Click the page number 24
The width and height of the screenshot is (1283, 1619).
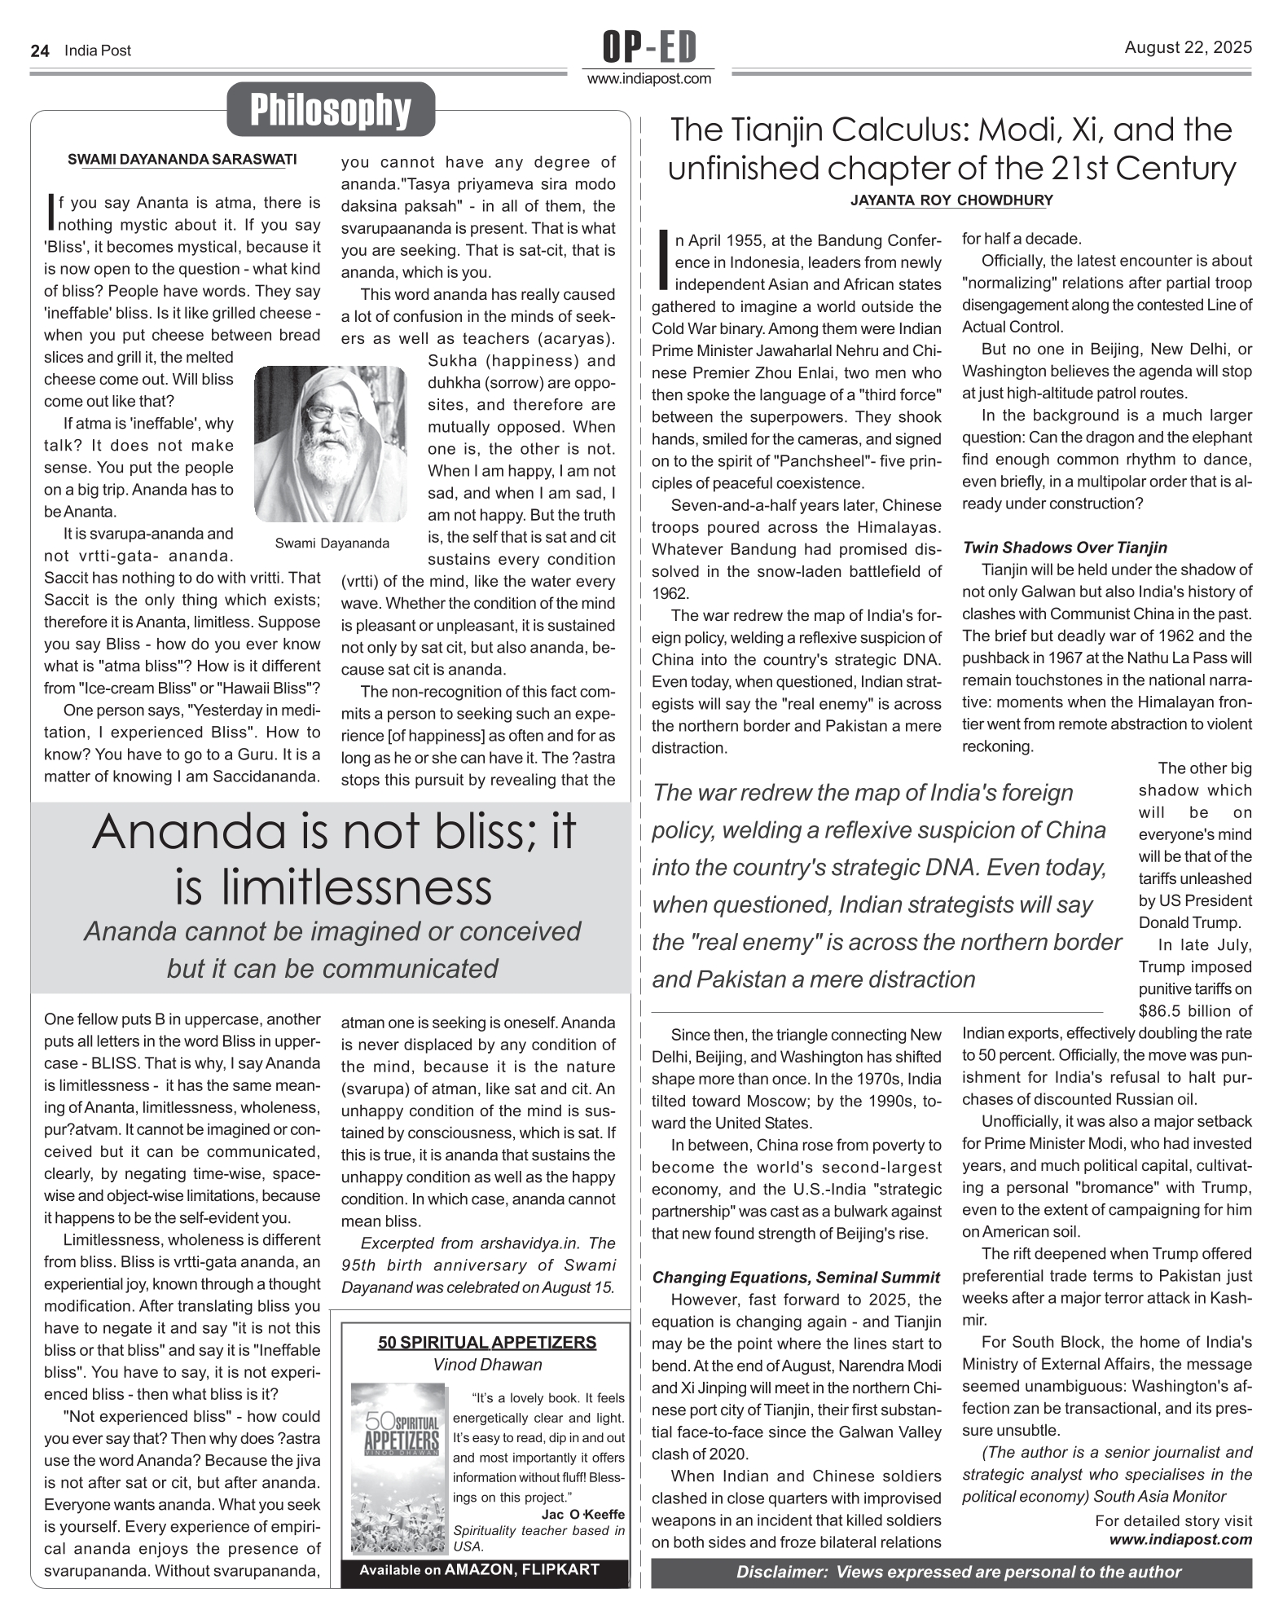click(40, 51)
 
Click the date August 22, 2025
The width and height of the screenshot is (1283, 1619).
click(1188, 47)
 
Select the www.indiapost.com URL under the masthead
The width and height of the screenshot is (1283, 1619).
click(649, 79)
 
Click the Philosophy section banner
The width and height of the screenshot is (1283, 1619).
click(330, 110)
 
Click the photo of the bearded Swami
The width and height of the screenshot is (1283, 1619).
click(330, 443)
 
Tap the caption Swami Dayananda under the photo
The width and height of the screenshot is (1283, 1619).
click(332, 543)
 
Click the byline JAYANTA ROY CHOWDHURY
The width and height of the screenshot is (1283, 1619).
click(951, 200)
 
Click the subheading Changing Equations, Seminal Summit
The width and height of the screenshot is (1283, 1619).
click(796, 1277)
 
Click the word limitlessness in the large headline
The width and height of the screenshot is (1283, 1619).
click(333, 887)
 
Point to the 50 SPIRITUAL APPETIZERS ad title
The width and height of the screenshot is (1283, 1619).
click(486, 1342)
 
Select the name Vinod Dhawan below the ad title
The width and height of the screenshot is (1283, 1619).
click(486, 1364)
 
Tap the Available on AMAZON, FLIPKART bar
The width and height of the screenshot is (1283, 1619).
click(486, 1569)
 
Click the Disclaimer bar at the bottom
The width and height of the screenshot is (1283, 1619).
click(951, 1572)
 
